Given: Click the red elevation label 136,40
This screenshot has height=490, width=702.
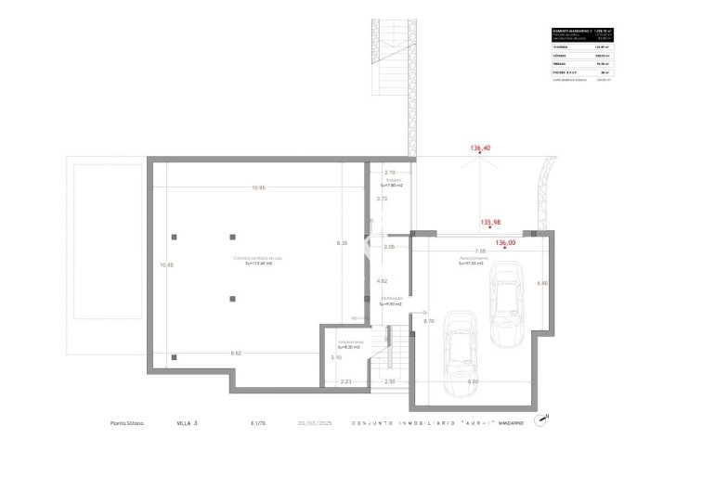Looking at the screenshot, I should (480, 148).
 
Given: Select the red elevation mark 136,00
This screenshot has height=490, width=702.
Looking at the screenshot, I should (505, 243).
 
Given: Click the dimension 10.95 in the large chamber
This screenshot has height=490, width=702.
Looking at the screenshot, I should (257, 188).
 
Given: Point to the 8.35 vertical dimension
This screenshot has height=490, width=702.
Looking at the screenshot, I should (342, 243).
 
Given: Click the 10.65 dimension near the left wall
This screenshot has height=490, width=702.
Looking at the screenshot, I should (167, 265).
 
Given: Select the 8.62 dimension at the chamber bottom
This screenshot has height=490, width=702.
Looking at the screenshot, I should (236, 354).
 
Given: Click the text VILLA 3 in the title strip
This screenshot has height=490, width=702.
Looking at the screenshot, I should (188, 422).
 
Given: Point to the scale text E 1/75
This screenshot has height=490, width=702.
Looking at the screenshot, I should (257, 422).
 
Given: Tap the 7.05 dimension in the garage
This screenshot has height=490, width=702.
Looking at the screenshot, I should (479, 251).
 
